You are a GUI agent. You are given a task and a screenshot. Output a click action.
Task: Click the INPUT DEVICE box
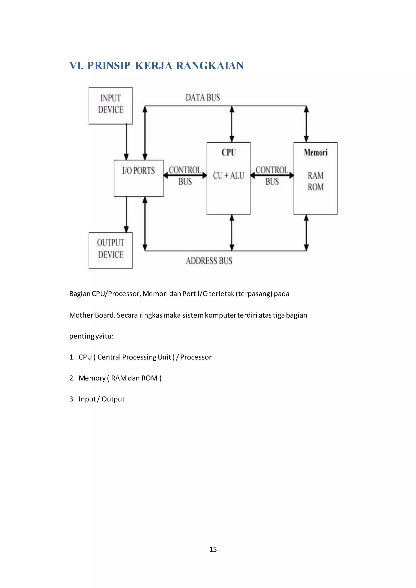[111, 106]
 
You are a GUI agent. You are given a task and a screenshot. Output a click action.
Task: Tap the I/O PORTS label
[139, 171]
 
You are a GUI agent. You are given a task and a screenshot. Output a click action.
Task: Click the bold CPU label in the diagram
[229, 152]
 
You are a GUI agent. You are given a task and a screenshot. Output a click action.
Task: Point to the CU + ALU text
[229, 176]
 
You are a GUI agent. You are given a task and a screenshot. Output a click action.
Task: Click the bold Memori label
[316, 152]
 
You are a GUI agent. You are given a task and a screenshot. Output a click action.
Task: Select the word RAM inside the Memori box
[316, 176]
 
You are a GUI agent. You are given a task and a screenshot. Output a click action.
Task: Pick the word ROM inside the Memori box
[316, 187]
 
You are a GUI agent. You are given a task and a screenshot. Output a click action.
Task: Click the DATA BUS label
[203, 98]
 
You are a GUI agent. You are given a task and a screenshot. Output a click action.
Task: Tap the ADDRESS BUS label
[209, 261]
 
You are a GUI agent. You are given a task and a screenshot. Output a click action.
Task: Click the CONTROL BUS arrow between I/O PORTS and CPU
[185, 175]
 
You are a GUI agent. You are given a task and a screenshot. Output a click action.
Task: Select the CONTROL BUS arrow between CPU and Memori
[272, 175]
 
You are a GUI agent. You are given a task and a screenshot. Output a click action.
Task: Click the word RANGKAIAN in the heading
[210, 66]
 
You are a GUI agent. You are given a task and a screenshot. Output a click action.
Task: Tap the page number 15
[213, 549]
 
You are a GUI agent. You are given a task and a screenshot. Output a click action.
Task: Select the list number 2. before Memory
[72, 378]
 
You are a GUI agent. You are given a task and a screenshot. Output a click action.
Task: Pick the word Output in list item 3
[113, 399]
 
